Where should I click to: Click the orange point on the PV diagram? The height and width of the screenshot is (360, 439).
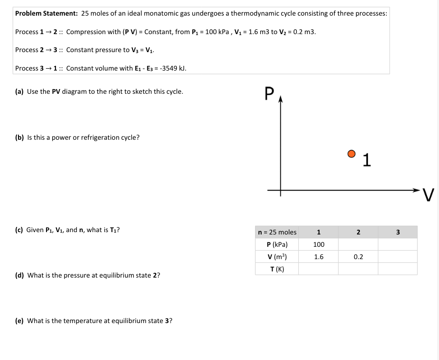pyautogui.click(x=351, y=153)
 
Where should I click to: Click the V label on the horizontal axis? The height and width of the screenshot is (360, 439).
pyautogui.click(x=429, y=195)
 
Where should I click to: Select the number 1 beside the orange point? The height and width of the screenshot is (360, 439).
pyautogui.click(x=366, y=161)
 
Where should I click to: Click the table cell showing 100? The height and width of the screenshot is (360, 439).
pyautogui.click(x=319, y=244)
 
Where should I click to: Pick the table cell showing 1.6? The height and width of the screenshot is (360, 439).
pyautogui.click(x=319, y=257)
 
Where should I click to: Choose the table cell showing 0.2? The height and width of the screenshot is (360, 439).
pyautogui.click(x=358, y=257)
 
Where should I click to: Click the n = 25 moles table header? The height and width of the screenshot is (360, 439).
pyautogui.click(x=277, y=232)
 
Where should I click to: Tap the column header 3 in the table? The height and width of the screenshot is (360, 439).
pyautogui.click(x=398, y=232)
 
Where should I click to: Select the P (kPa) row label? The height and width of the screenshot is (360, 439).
pyautogui.click(x=277, y=244)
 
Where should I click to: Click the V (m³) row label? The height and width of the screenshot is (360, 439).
pyautogui.click(x=277, y=257)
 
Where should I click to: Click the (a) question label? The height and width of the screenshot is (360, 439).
pyautogui.click(x=19, y=91)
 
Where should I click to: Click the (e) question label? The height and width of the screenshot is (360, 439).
pyautogui.click(x=19, y=321)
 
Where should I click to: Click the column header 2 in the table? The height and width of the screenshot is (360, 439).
pyautogui.click(x=358, y=232)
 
